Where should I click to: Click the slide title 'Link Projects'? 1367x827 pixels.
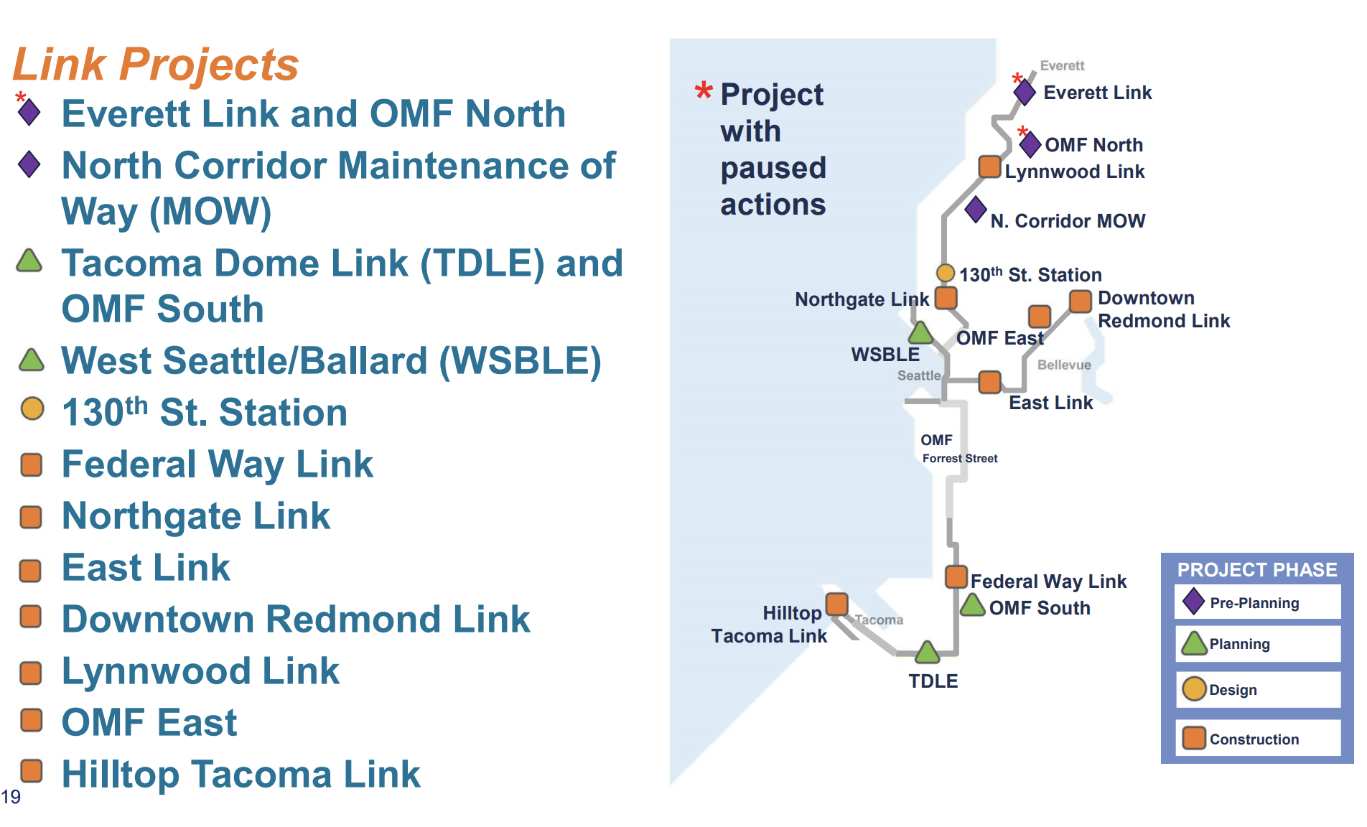156,65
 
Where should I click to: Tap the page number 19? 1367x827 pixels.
11,797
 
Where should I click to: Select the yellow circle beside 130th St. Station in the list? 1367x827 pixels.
32,408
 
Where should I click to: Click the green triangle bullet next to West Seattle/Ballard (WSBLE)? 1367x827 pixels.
31,360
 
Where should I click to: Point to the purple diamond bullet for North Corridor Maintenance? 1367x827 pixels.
29,164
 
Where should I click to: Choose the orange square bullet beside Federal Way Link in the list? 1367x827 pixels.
32,464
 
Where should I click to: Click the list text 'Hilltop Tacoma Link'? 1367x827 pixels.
241,774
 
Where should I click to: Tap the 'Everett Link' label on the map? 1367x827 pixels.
1097,93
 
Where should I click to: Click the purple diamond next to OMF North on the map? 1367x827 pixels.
1030,144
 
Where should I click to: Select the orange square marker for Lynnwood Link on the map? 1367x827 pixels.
990,167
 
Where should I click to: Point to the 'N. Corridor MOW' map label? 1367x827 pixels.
1068,221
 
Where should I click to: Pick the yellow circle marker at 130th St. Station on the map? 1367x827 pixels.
946,274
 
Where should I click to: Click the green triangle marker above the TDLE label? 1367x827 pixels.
928,653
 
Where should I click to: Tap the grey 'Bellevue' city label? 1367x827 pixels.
1064,365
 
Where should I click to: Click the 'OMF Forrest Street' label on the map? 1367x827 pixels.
959,449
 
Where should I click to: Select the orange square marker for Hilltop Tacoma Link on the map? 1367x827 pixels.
837,604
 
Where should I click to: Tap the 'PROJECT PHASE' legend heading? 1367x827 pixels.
1257,570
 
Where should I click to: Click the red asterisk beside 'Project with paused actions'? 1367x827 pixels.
704,91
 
